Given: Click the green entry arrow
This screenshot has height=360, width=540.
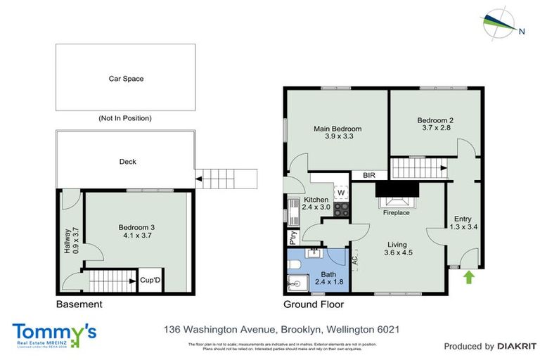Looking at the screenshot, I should click(x=469, y=278).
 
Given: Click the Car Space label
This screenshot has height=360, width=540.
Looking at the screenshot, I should click(x=126, y=79).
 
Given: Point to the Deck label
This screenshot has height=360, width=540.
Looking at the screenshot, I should click(x=127, y=162).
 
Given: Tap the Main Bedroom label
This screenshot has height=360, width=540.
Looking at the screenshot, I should click(x=337, y=129).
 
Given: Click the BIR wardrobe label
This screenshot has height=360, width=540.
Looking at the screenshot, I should click(x=369, y=175).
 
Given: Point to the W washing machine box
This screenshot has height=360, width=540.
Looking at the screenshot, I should click(x=340, y=192).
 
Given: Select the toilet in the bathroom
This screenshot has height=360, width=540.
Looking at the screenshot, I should click(x=295, y=264).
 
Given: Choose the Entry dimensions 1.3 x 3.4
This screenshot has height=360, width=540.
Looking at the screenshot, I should click(x=462, y=227).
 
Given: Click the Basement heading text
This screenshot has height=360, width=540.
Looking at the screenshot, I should click(x=79, y=304).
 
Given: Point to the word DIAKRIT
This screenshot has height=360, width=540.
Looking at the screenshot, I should click(x=517, y=346).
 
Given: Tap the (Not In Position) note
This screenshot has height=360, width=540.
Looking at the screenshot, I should click(x=126, y=118).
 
